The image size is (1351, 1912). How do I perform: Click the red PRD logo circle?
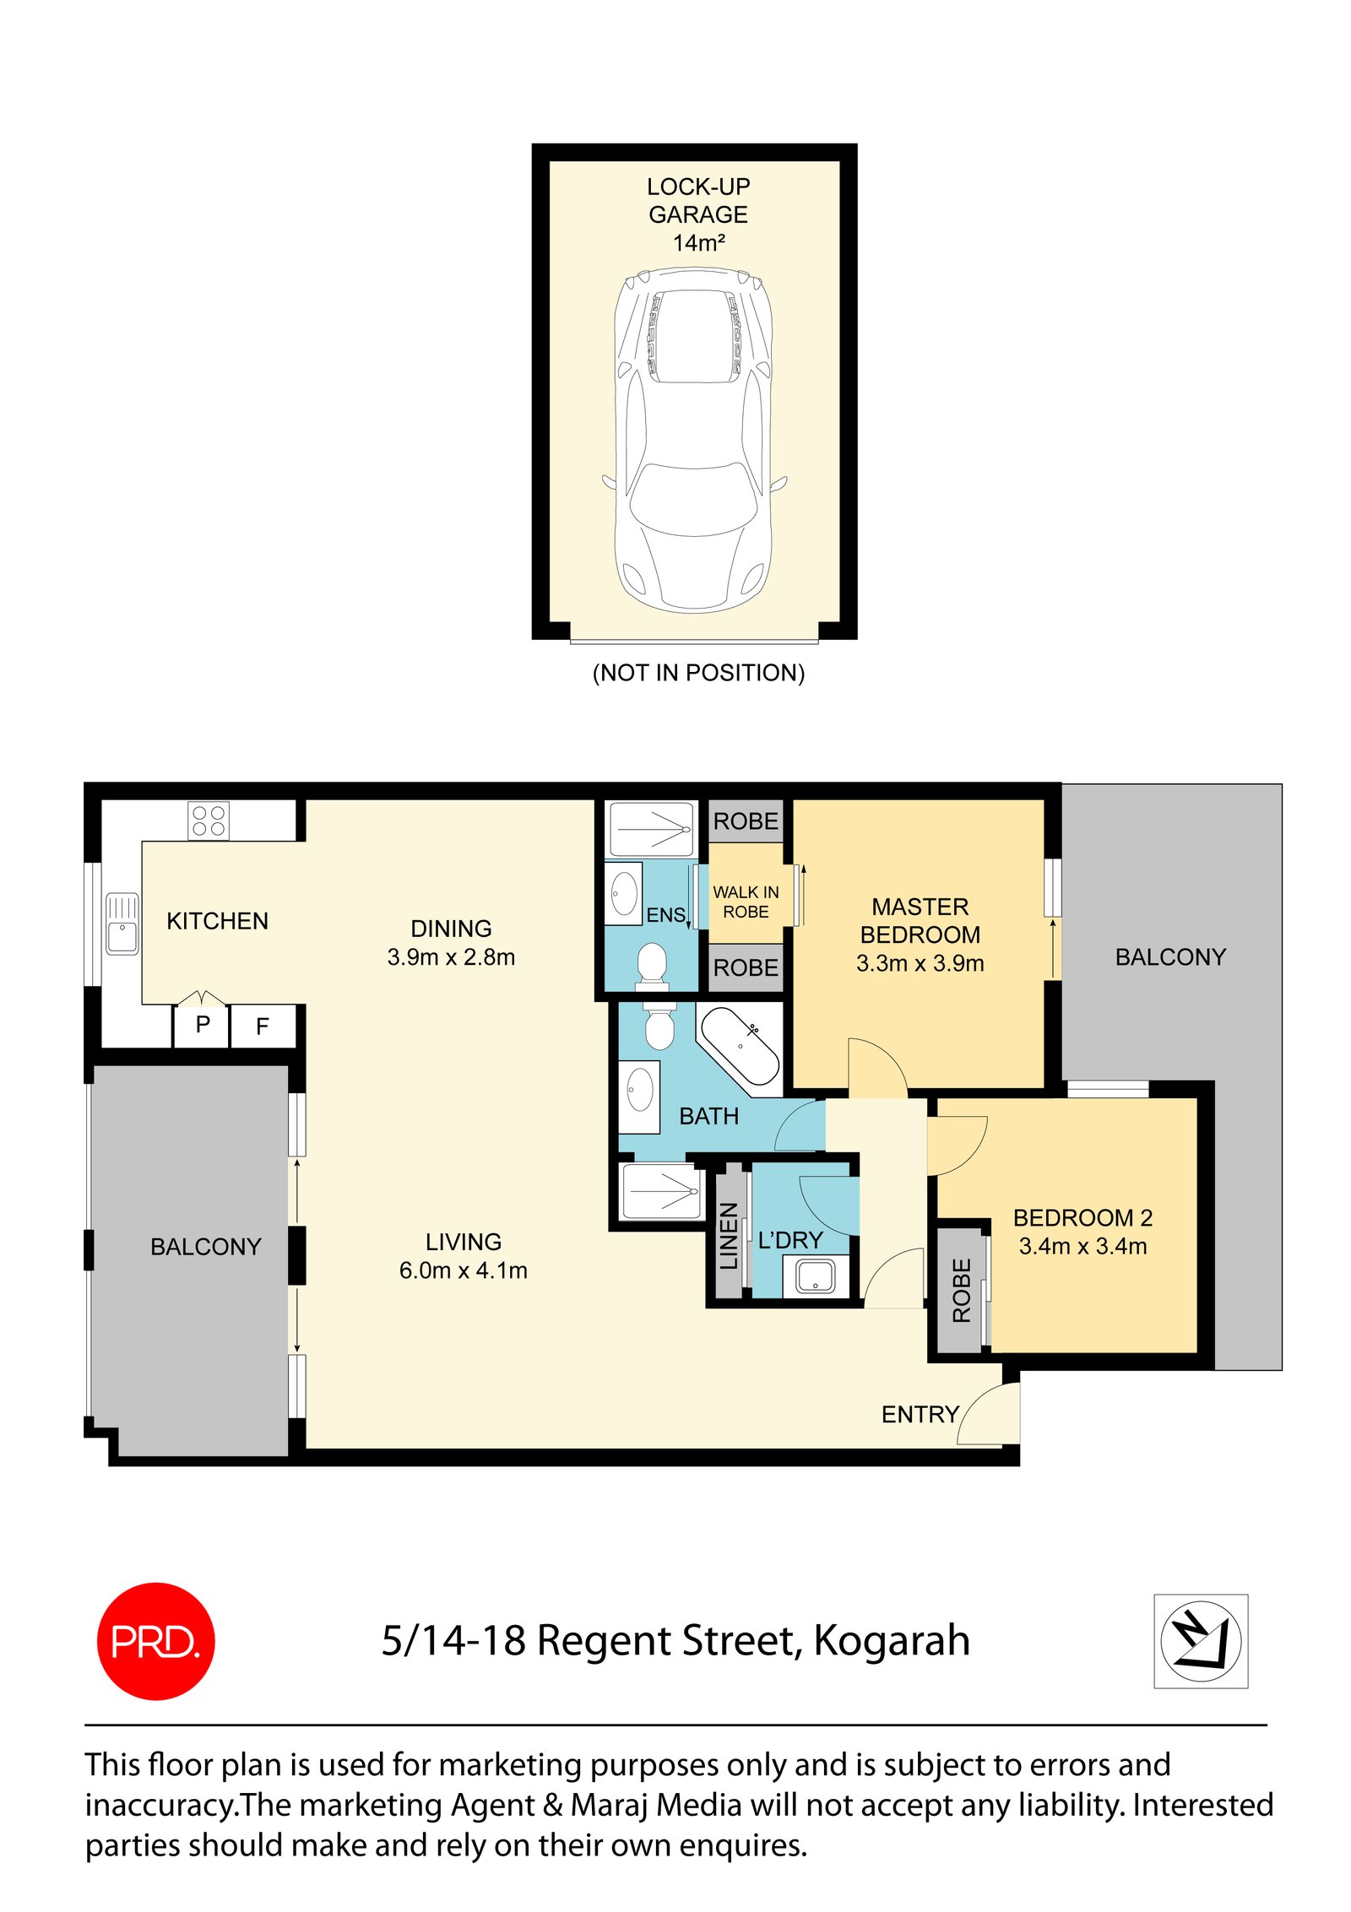tap(156, 1641)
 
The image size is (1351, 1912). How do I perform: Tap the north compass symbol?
tap(1201, 1641)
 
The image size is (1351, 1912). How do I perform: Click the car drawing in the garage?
tap(693, 440)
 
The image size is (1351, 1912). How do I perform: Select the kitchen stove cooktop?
tap(208, 821)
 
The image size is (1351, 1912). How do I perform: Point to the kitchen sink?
tap(122, 924)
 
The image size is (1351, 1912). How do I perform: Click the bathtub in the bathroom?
tap(740, 1046)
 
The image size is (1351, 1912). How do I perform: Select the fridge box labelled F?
tap(263, 1026)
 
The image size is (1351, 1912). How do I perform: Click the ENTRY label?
tap(920, 1414)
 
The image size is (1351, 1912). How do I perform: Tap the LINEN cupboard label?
tap(728, 1236)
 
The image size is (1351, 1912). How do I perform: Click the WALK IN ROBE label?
tap(746, 902)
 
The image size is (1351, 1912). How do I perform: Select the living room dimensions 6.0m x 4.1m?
tap(463, 1270)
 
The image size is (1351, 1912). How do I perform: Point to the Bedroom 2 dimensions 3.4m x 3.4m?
tap(1082, 1246)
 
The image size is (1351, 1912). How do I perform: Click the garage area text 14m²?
tap(698, 243)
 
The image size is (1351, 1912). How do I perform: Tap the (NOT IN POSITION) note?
tap(698, 673)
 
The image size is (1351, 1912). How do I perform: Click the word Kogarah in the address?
tap(892, 1643)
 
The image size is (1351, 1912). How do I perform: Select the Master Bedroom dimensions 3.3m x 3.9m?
tap(920, 963)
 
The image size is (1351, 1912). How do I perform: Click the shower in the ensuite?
tap(651, 830)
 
